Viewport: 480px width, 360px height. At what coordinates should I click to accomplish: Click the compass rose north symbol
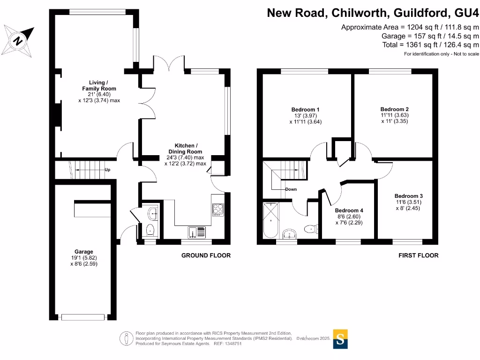(x=18, y=41)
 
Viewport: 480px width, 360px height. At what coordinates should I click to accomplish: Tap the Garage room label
(x=83, y=252)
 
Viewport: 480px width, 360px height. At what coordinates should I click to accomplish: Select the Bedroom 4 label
(x=349, y=210)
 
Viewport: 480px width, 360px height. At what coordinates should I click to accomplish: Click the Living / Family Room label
(x=99, y=85)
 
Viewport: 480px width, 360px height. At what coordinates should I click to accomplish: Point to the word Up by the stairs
(x=107, y=170)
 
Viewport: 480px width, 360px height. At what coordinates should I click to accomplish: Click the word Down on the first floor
(x=291, y=189)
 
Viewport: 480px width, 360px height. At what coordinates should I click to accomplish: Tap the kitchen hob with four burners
(x=218, y=210)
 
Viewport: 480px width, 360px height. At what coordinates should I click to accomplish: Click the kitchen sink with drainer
(x=196, y=232)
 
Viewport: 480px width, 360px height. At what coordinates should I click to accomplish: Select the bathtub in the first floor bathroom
(x=270, y=220)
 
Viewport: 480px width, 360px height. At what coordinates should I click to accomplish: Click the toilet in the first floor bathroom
(x=311, y=229)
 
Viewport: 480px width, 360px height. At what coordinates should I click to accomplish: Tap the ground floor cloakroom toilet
(x=150, y=230)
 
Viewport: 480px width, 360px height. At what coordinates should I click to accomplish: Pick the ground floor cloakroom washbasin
(x=152, y=213)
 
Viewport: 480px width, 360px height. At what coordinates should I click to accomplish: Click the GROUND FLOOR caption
(x=206, y=255)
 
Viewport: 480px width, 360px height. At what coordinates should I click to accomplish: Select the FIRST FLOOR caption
(x=419, y=255)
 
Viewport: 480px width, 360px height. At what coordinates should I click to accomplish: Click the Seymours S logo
(x=340, y=339)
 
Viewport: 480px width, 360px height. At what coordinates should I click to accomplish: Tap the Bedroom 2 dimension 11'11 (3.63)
(x=395, y=115)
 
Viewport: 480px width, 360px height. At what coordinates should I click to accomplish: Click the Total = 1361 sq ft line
(x=430, y=45)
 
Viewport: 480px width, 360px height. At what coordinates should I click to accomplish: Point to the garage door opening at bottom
(x=82, y=317)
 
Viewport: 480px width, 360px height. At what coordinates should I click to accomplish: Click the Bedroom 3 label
(x=408, y=196)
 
